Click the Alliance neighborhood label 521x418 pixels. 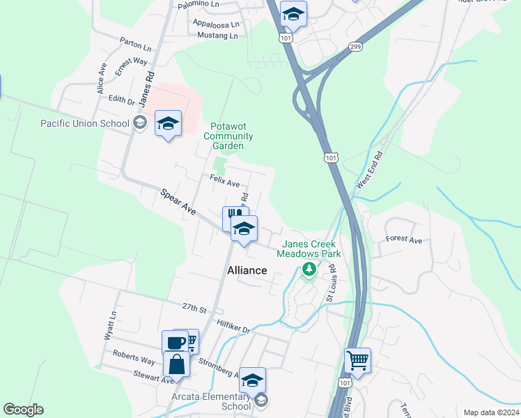coord(247,270)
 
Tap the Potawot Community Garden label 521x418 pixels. coord(228,137)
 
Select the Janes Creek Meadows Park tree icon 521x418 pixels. coord(309,270)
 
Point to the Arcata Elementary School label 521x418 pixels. coord(211,402)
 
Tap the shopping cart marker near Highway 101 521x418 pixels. coord(357,361)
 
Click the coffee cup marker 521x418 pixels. coord(174,343)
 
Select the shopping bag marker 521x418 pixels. coord(177,364)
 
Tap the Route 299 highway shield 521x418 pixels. coord(355,46)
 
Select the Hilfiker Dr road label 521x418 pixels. coord(233,324)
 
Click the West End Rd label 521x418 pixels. coord(369,170)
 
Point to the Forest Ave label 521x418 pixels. coord(404,240)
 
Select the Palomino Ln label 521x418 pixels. coord(199,4)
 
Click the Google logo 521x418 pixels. coord(24,410)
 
